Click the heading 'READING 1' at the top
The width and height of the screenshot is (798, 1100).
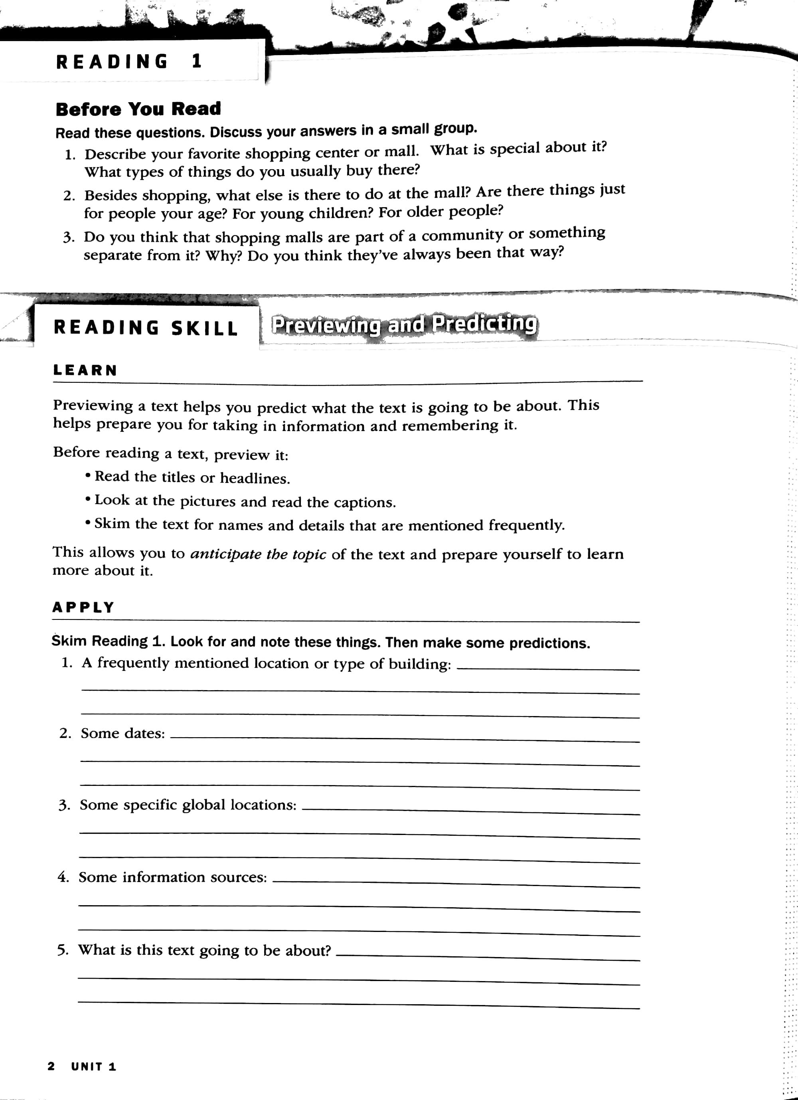128,61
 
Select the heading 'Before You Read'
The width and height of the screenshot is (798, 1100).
138,109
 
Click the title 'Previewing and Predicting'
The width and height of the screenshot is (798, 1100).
404,324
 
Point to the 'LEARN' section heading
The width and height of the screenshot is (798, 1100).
85,370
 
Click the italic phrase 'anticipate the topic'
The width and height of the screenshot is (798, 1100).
258,554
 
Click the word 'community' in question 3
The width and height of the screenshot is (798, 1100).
462,235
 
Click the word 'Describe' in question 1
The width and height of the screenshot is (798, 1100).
115,154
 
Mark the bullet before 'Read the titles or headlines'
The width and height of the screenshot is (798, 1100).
88,476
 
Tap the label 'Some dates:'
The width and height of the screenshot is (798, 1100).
122,733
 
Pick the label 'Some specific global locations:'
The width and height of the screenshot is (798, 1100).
188,805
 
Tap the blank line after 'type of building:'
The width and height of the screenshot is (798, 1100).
548,669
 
